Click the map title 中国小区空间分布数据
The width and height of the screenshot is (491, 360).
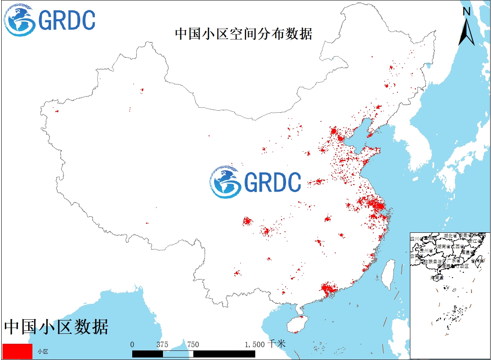point(243,34)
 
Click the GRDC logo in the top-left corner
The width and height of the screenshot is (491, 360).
point(49,20)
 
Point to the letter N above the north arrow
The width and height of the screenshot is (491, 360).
point(467,12)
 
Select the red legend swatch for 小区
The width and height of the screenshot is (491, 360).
point(17,351)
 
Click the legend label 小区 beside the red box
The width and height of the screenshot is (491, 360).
point(43,352)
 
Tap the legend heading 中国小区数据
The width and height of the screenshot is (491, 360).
point(56,327)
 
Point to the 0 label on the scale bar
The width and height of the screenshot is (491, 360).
point(132,344)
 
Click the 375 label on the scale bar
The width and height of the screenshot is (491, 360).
point(162,344)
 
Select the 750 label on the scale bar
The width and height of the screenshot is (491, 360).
point(193,344)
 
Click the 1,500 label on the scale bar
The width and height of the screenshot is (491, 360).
point(254,344)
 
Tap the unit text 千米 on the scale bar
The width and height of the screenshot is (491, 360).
point(276,344)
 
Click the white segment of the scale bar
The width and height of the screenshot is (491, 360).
point(178,354)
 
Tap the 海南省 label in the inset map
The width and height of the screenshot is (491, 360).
point(437,277)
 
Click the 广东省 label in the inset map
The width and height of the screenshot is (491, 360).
point(453,261)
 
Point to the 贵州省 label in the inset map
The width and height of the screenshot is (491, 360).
point(426,251)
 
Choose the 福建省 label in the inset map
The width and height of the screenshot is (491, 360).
point(471,252)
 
